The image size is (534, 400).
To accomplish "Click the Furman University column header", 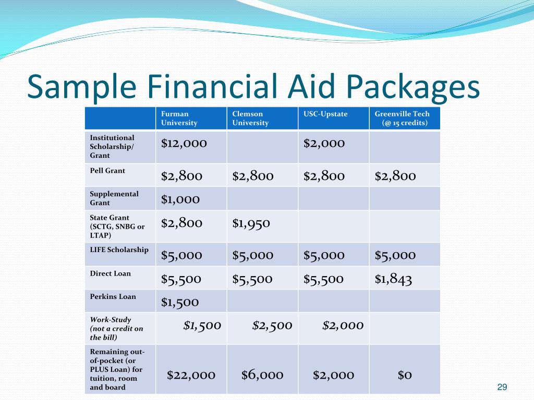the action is (179, 118).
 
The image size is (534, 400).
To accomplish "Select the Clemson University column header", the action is (250, 118).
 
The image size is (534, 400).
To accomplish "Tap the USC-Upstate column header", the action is (325, 114).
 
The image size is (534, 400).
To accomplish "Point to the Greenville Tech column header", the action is (402, 118).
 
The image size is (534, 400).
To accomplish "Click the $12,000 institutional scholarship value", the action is (184, 143).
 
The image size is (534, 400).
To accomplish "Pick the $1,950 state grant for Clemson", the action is (251, 223).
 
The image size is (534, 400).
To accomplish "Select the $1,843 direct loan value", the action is (393, 279).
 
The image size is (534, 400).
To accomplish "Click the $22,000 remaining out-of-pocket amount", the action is (191, 375).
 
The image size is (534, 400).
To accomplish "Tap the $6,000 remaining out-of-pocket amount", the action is (262, 375).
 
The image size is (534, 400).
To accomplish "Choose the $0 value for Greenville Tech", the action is (405, 375).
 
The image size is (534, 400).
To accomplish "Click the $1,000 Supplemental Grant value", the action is (180, 199).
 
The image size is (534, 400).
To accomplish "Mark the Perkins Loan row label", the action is (113, 296).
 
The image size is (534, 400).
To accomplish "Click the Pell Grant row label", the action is (107, 171).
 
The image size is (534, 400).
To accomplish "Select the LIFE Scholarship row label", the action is (119, 249).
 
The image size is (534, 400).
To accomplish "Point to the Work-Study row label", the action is (116, 329).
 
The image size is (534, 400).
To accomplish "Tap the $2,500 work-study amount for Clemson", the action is (272, 326).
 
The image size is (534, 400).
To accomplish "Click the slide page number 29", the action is (502, 387).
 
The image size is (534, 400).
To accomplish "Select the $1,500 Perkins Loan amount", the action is (180, 303).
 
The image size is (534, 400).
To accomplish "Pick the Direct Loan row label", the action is (111, 273).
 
